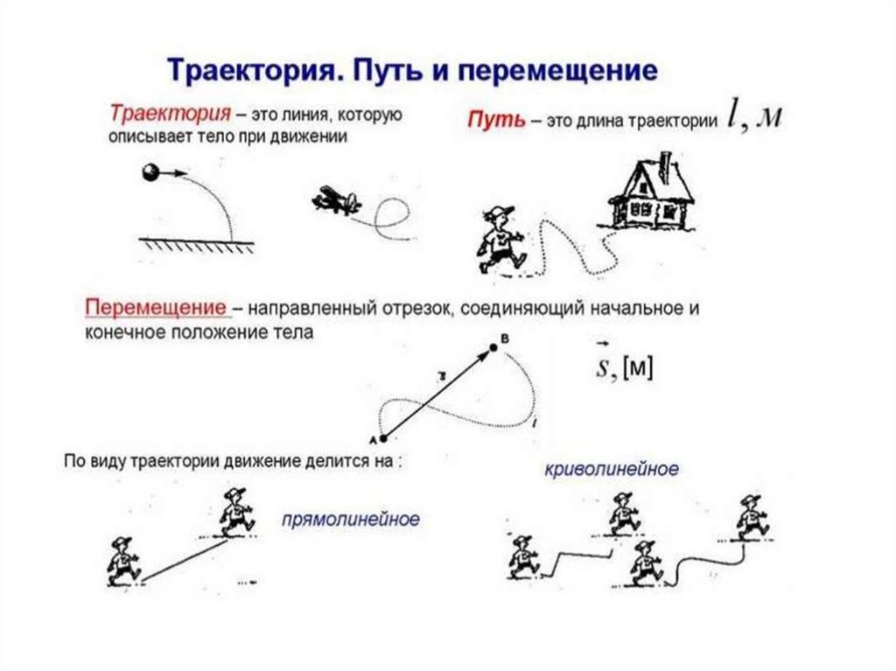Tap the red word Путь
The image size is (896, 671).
coord(494,121)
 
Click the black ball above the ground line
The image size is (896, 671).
coord(150,173)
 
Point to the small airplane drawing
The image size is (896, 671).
coord(335,201)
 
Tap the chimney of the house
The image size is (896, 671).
coord(666,164)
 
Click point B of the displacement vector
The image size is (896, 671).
coord(493,347)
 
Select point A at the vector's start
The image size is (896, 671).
coord(382,437)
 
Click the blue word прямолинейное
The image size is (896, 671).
coord(350,520)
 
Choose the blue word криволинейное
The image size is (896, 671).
coord(611,470)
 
